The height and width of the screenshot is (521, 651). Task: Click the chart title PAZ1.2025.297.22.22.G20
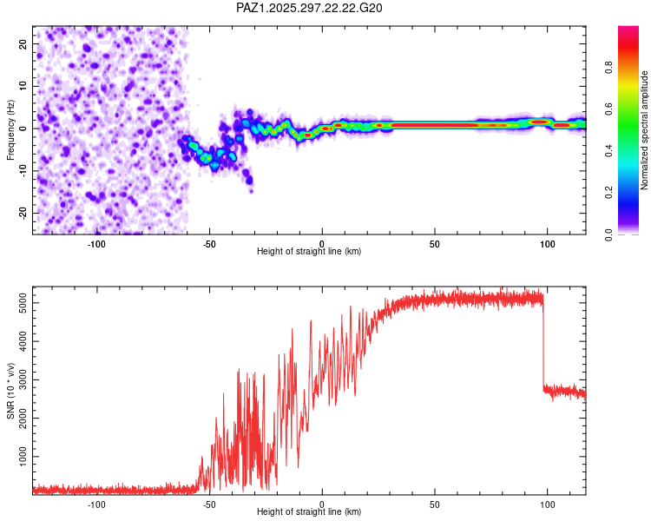(x=310, y=8)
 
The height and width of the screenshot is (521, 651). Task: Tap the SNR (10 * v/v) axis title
(x=10, y=390)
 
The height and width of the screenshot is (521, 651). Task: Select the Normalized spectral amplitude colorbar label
(x=645, y=130)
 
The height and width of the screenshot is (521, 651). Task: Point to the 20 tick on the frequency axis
(x=24, y=43)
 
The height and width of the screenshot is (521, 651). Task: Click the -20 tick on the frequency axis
(x=23, y=213)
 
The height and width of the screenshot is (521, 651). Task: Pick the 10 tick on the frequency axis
(x=24, y=86)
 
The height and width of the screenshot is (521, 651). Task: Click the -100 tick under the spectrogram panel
(x=96, y=243)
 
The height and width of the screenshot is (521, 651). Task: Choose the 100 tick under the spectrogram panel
(x=548, y=243)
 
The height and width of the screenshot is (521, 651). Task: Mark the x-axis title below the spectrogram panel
(x=309, y=252)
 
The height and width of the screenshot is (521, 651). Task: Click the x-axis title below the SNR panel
(x=309, y=512)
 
